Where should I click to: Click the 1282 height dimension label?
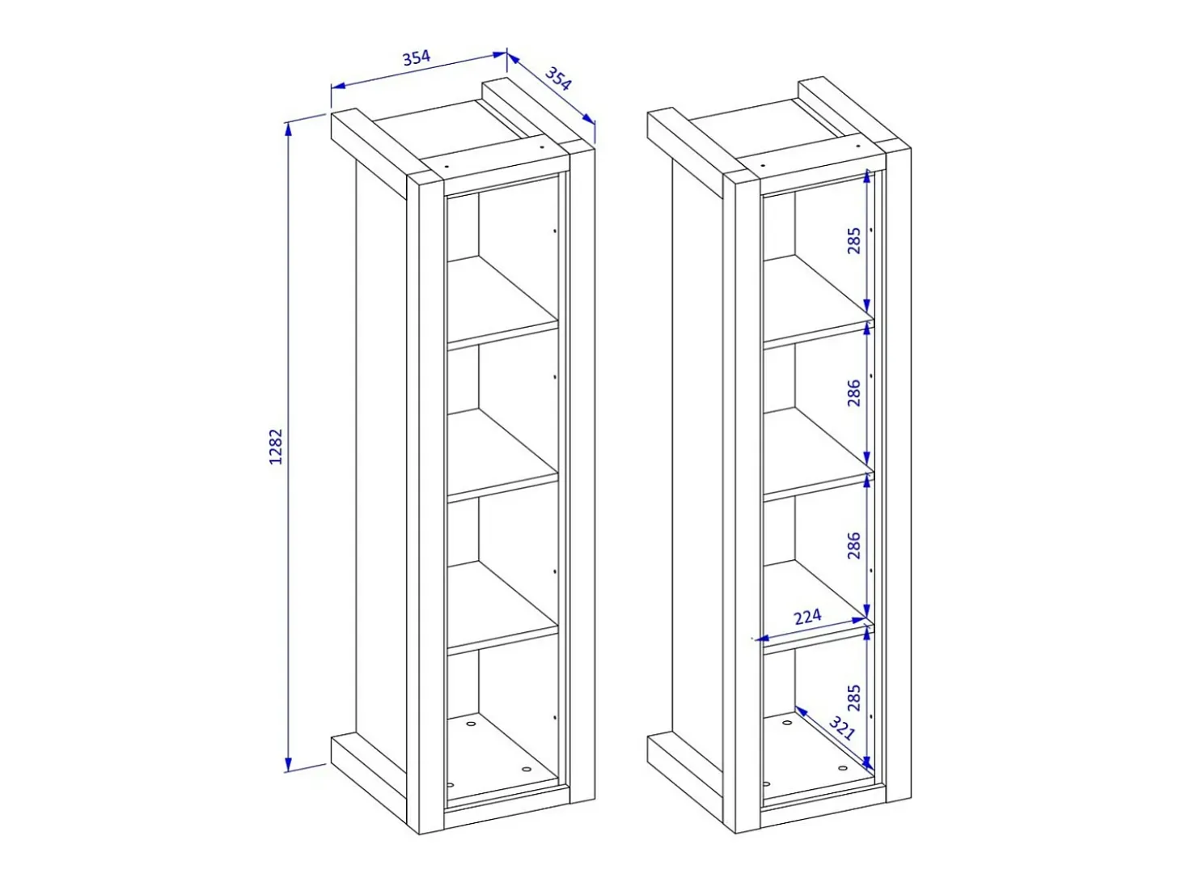pyautogui.click(x=275, y=446)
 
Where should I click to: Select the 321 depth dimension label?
pyautogui.click(x=841, y=728)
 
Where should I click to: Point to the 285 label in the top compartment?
pyautogui.click(x=854, y=240)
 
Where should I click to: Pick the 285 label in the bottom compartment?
pyautogui.click(x=854, y=698)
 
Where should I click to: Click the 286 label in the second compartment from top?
pyautogui.click(x=854, y=393)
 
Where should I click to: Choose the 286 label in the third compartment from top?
pyautogui.click(x=854, y=545)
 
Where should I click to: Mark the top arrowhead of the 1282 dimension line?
pyautogui.click(x=289, y=129)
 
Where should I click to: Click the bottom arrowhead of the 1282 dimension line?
pyautogui.click(x=289, y=764)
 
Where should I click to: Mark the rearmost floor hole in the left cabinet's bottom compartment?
pyautogui.click(x=472, y=724)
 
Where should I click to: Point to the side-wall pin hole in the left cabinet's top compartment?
pyautogui.click(x=555, y=231)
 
